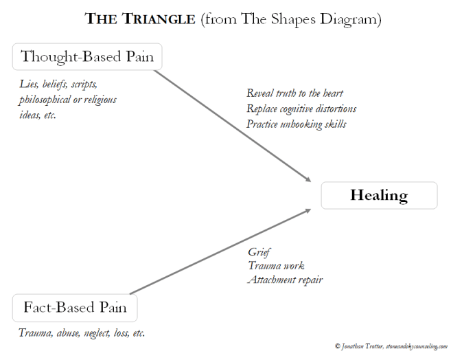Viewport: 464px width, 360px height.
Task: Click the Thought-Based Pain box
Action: coord(87,56)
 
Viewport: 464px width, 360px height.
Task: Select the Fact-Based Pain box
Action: coord(75,307)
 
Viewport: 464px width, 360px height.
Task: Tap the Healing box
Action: coord(379,195)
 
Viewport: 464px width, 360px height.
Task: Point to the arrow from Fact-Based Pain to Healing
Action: coord(220,251)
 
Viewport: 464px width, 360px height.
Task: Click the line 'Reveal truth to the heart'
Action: coord(294,93)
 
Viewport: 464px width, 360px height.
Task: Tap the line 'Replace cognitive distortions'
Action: coord(301,109)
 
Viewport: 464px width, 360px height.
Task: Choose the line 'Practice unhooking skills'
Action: coord(297,124)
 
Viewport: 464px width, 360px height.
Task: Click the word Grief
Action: coord(259,252)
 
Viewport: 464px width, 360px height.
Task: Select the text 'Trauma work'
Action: coord(275,266)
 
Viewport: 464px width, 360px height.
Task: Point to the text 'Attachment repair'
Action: coord(285,280)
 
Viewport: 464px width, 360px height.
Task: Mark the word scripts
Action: coord(84,85)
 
